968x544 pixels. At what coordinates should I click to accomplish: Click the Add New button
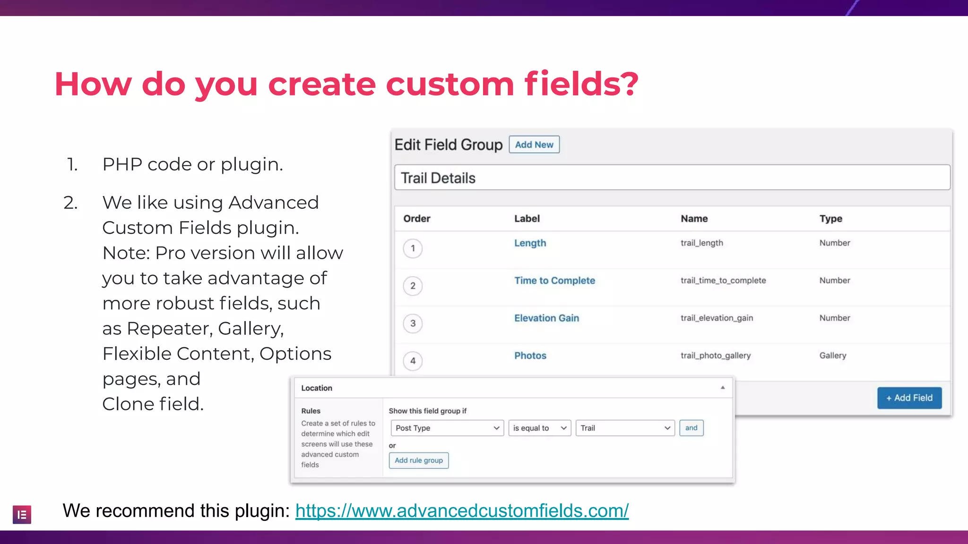pyautogui.click(x=534, y=144)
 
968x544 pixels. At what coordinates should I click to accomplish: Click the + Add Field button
pyautogui.click(x=909, y=398)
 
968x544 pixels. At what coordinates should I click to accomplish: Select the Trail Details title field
pyautogui.click(x=672, y=178)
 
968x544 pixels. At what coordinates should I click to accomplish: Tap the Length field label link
pyautogui.click(x=530, y=243)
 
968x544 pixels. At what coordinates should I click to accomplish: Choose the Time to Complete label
pyautogui.click(x=554, y=280)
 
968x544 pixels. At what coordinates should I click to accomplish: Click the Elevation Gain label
pyautogui.click(x=546, y=318)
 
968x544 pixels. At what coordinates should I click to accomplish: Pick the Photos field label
pyautogui.click(x=530, y=356)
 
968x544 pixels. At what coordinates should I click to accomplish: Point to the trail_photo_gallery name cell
pyautogui.click(x=715, y=356)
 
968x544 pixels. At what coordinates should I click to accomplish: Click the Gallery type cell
pyautogui.click(x=832, y=356)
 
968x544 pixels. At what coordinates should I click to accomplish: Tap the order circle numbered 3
pyautogui.click(x=413, y=323)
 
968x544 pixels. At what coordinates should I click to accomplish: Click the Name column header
pyautogui.click(x=694, y=219)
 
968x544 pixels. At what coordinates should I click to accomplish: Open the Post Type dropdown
pyautogui.click(x=447, y=428)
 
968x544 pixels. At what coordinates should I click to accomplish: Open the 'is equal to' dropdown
pyautogui.click(x=539, y=428)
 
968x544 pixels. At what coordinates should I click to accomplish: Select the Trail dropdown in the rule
pyautogui.click(x=625, y=428)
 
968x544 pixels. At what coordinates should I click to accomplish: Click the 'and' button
pyautogui.click(x=691, y=428)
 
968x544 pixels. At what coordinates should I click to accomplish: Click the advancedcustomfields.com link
pyautogui.click(x=462, y=511)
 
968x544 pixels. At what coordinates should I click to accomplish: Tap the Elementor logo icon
pyautogui.click(x=22, y=515)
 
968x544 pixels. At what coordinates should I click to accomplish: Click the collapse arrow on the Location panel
pyautogui.click(x=722, y=388)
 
